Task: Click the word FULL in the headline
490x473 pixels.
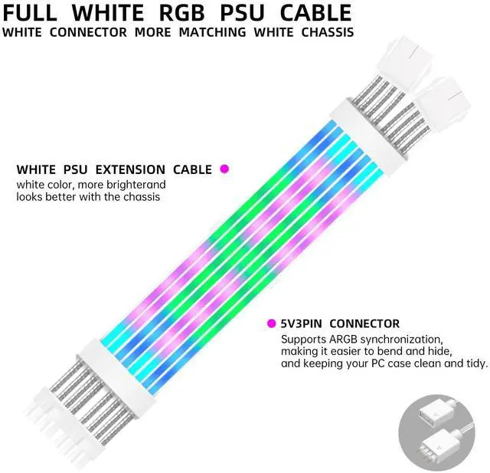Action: click(35, 12)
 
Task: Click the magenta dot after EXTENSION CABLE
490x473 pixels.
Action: click(224, 169)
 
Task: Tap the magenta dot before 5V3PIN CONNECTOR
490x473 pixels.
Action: click(272, 324)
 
